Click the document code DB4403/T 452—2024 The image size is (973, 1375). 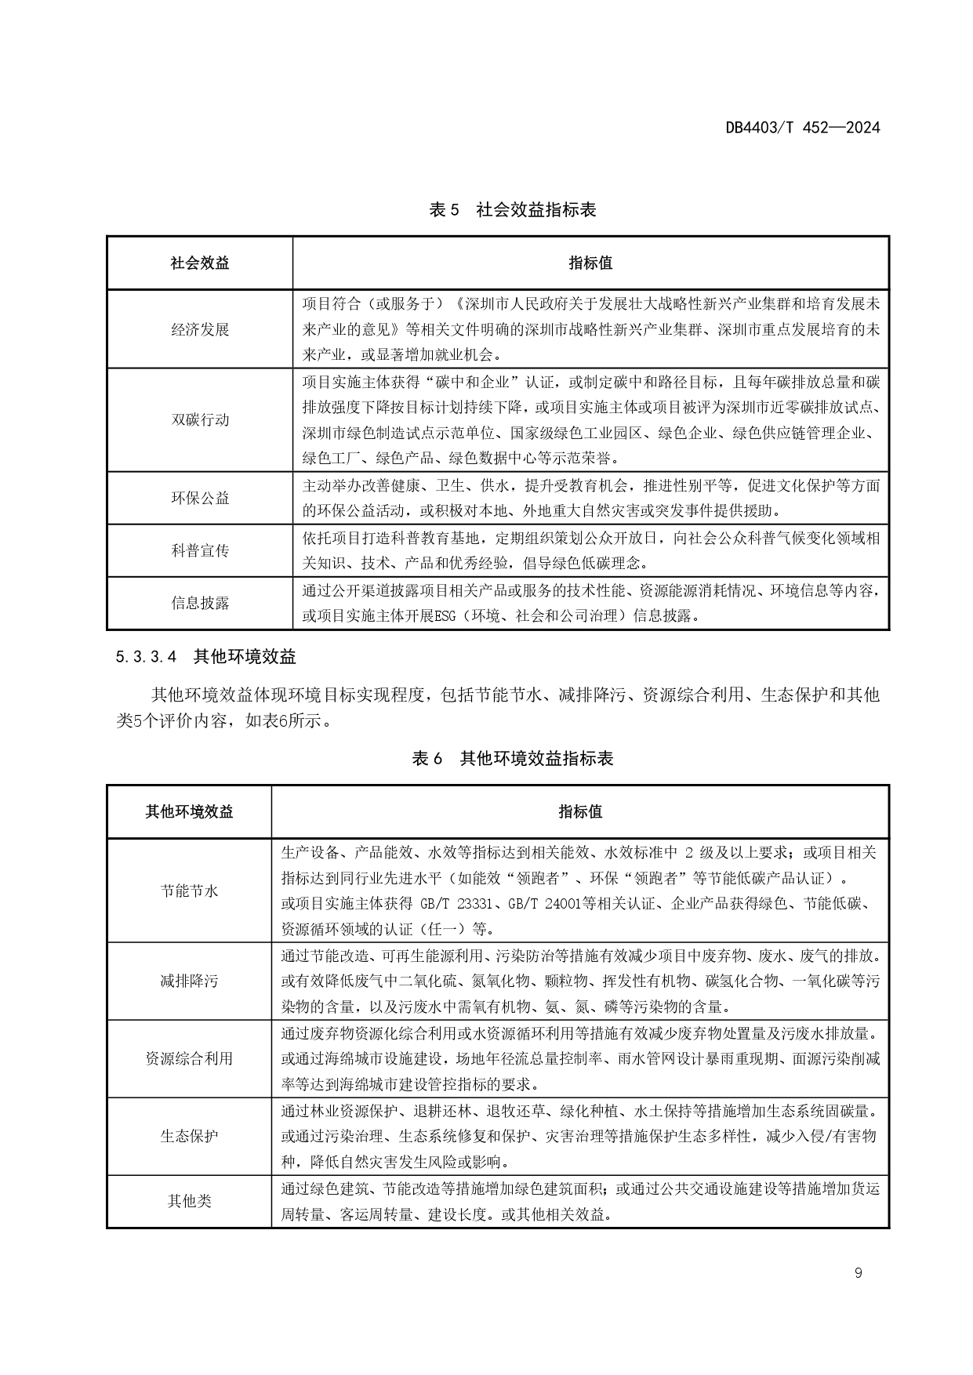click(x=802, y=128)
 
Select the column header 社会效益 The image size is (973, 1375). click(x=200, y=263)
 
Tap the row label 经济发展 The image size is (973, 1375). click(x=200, y=329)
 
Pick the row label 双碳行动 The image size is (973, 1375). click(x=200, y=419)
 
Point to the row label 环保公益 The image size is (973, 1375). click(x=200, y=498)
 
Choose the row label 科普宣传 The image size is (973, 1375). click(x=200, y=550)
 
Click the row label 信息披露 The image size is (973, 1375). click(x=200, y=603)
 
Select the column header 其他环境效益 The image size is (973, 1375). click(x=189, y=812)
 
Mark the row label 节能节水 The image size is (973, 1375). click(x=189, y=891)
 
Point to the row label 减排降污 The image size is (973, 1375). click(x=189, y=981)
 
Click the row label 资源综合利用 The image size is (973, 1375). click(x=189, y=1058)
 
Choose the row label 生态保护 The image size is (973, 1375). click(x=189, y=1136)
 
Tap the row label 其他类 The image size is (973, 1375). click(x=189, y=1201)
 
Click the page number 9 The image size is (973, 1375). click(x=858, y=1273)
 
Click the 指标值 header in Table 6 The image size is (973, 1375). click(x=580, y=812)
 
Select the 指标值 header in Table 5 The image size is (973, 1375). click(x=590, y=263)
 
